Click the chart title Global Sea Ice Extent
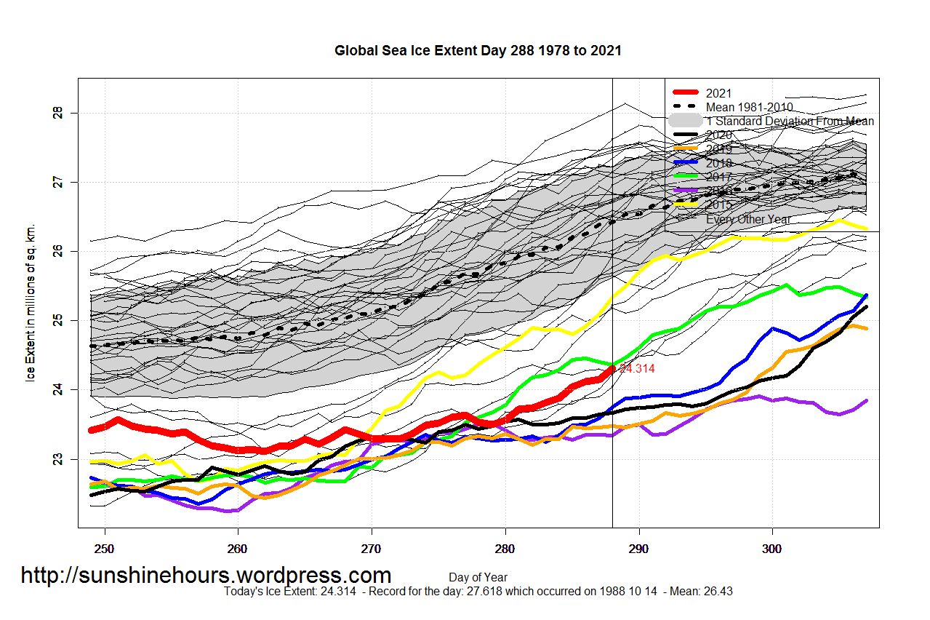(478, 51)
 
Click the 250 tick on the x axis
(105, 547)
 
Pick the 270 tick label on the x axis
(372, 547)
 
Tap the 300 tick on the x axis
(772, 547)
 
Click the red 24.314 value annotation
(636, 369)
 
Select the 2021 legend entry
(718, 93)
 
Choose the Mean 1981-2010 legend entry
(749, 107)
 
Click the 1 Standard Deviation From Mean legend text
(790, 122)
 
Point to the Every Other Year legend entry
(748, 219)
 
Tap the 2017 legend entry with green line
(718, 177)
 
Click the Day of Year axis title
(478, 578)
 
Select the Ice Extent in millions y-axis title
(31, 303)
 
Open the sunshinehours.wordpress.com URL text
(206, 576)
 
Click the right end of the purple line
(867, 401)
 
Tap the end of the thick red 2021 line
(612, 369)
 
